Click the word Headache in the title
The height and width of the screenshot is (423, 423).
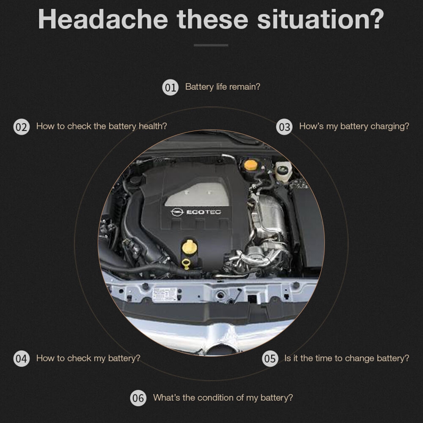[103, 19]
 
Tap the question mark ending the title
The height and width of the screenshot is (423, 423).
[376, 19]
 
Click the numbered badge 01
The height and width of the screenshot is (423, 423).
[170, 87]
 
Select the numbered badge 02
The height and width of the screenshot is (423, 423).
[21, 126]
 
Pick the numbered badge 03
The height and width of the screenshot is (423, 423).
[284, 126]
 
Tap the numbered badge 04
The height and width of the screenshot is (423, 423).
[21, 359]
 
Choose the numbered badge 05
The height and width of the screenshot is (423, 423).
[270, 359]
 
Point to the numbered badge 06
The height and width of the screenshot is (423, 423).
[138, 398]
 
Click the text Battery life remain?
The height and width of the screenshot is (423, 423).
[222, 87]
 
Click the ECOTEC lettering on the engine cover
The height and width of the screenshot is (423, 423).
[204, 212]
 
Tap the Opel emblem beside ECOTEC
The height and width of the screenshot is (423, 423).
[177, 212]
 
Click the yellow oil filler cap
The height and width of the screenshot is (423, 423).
[190, 246]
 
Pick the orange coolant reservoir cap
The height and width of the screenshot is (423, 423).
[250, 165]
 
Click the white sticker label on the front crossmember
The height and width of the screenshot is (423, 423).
[165, 294]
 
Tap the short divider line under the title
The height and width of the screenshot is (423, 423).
[211, 45]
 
